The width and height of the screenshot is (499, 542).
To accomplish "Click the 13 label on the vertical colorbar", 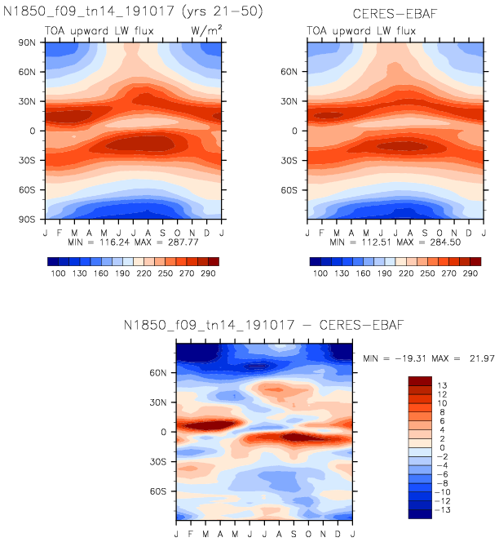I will point(441,383).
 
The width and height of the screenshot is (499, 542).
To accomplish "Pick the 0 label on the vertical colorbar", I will point(441,446).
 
